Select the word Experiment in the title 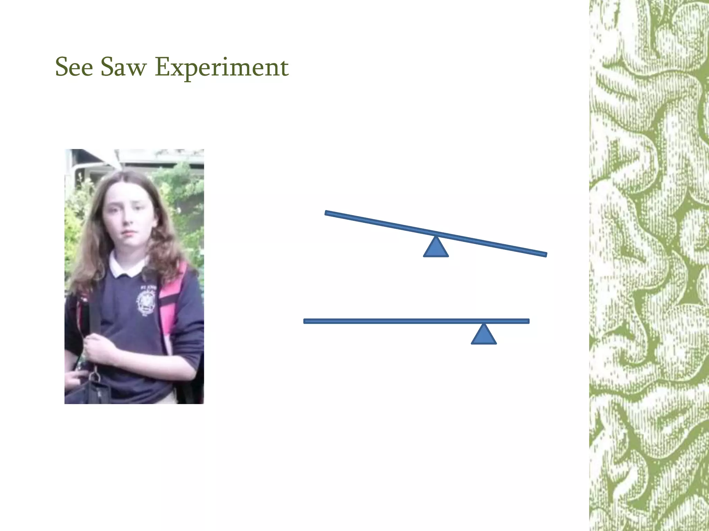pos(222,67)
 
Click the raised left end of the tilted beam pos(327,213)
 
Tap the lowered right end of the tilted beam pos(544,254)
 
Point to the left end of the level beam pos(306,321)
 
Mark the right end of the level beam pos(527,321)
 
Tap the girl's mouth pos(128,232)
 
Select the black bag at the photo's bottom pos(93,391)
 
